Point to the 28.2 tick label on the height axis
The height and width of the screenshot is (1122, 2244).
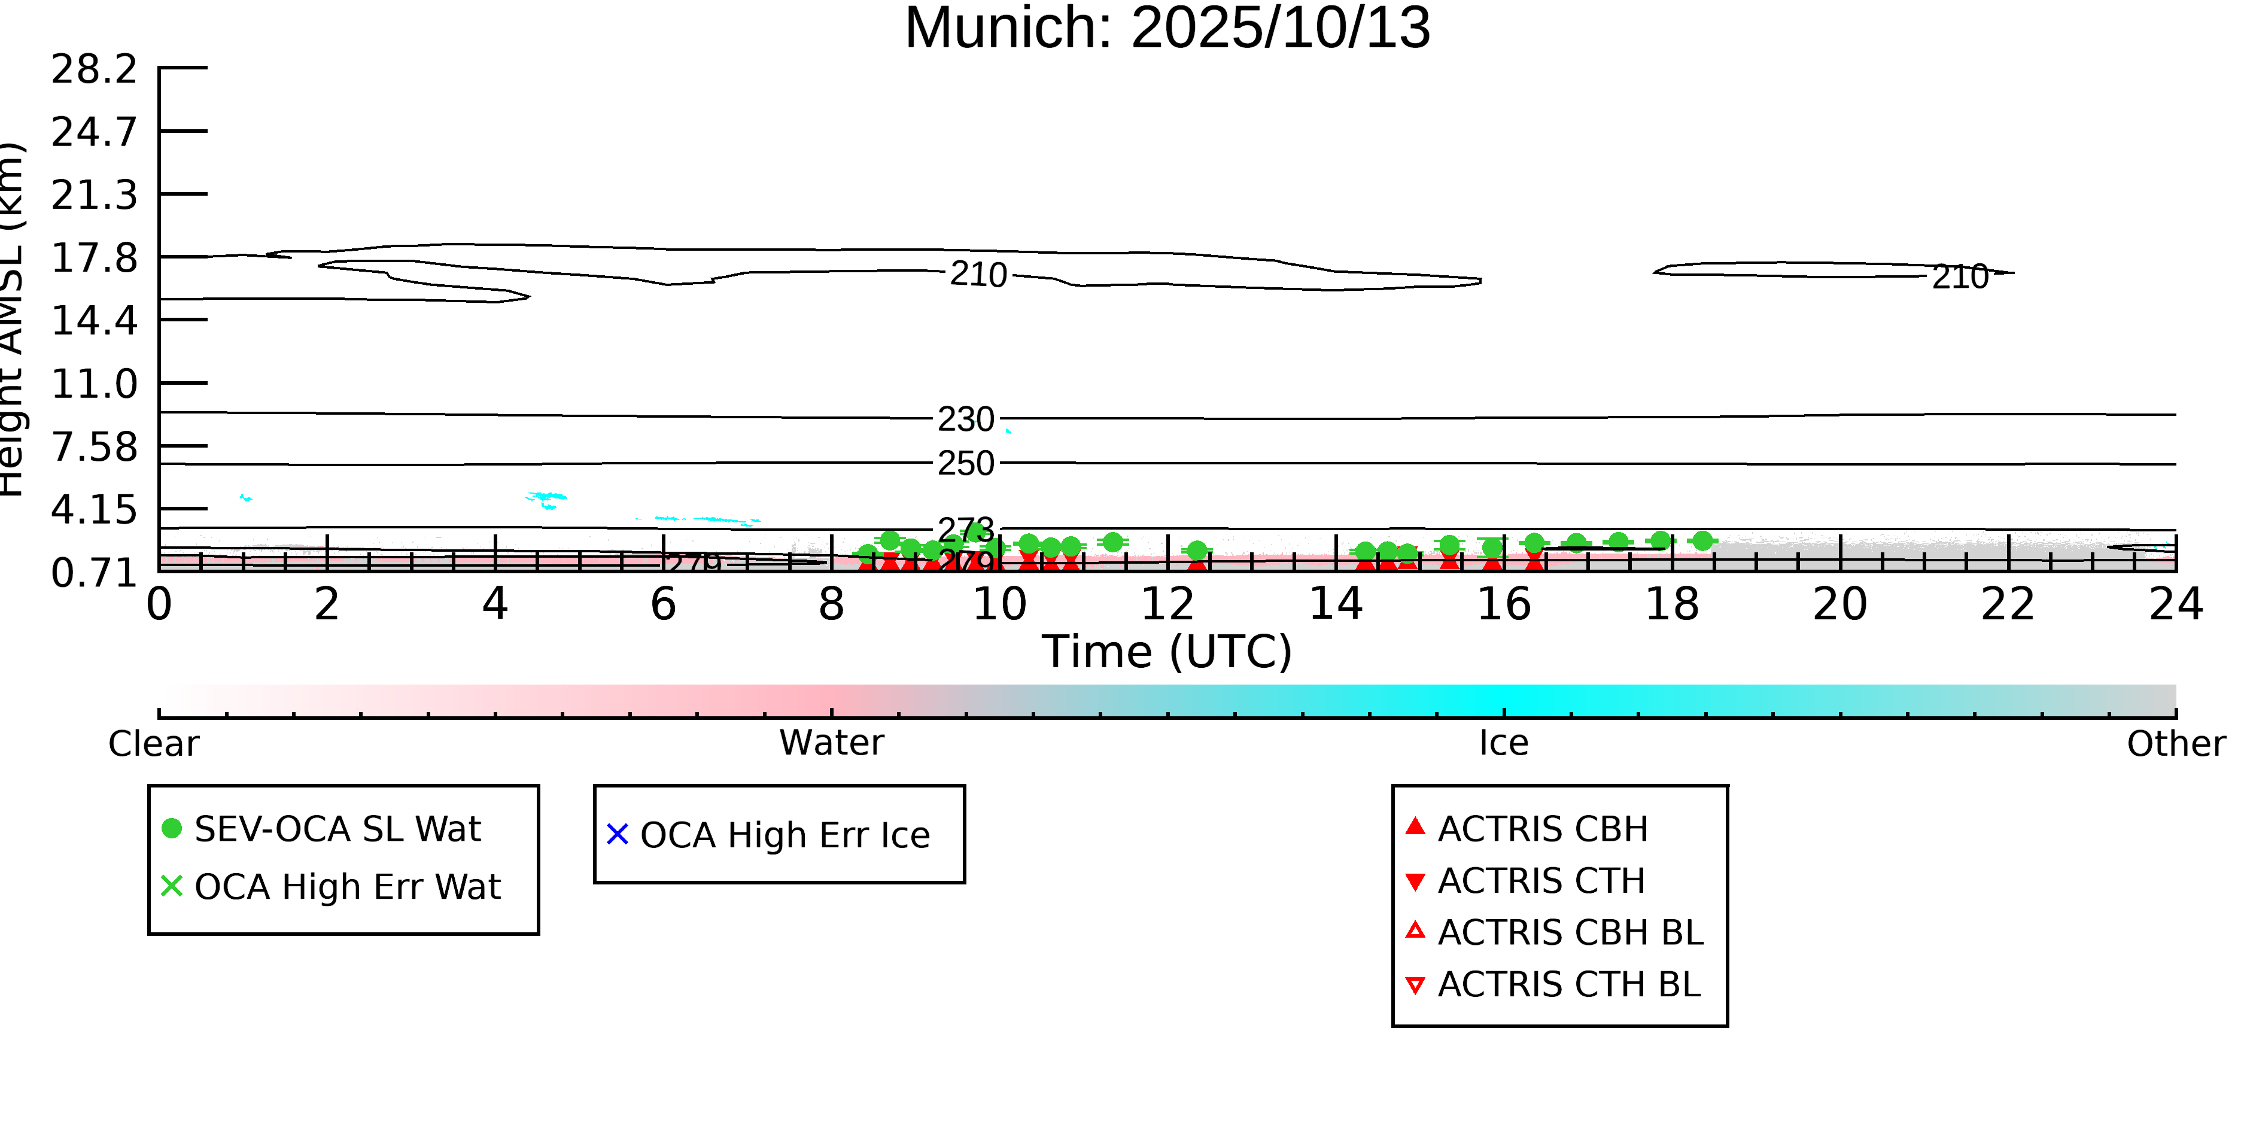click(94, 69)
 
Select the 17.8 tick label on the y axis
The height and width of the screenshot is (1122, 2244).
click(94, 258)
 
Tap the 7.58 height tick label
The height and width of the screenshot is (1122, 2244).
click(94, 447)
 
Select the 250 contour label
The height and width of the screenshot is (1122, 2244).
click(965, 463)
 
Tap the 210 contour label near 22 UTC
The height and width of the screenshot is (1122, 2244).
click(1960, 277)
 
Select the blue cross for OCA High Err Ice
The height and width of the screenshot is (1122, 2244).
click(617, 835)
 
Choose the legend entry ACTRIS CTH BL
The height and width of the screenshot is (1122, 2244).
click(1568, 984)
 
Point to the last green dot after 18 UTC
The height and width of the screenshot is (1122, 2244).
click(1702, 541)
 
